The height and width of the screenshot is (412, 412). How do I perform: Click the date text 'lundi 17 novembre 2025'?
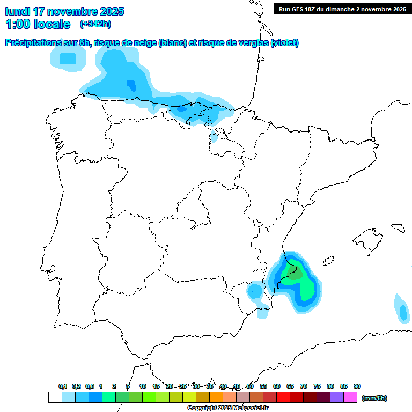pyautogui.click(x=64, y=11)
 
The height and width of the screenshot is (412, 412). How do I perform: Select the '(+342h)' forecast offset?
pyautogui.click(x=95, y=24)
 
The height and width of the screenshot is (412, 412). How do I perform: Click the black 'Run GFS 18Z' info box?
pyautogui.click(x=342, y=9)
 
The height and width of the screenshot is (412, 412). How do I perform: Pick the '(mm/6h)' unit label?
pyautogui.click(x=374, y=398)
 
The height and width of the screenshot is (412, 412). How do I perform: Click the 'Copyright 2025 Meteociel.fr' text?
pyautogui.click(x=227, y=408)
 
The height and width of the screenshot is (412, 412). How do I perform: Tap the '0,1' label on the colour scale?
pyautogui.click(x=63, y=386)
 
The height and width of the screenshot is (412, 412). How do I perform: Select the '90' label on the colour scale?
pyautogui.click(x=357, y=386)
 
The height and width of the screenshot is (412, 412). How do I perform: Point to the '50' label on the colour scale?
pyautogui.click(x=250, y=386)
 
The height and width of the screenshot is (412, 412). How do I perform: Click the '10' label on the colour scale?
pyautogui.click(x=143, y=386)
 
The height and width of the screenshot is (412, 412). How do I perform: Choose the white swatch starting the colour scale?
pyautogui.click(x=55, y=398)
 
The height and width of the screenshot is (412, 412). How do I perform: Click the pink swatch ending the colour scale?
pyautogui.click(x=350, y=398)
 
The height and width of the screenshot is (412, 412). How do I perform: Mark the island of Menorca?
pyautogui.click(x=398, y=227)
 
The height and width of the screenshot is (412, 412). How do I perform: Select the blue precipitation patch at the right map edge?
pyautogui.click(x=402, y=310)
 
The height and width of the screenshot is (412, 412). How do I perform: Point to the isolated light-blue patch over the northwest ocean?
pyautogui.click(x=68, y=58)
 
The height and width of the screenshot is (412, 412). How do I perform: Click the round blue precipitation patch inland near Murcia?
pyautogui.click(x=254, y=291)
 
